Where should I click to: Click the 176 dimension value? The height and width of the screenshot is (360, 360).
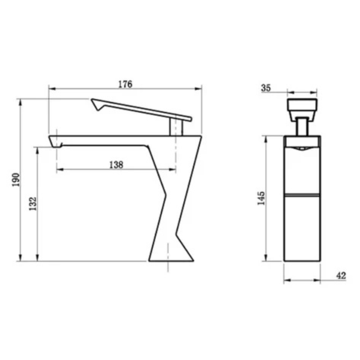pos(125,84)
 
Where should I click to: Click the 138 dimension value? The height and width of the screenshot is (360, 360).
pos(116,165)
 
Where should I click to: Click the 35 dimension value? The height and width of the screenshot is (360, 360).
pos(266,88)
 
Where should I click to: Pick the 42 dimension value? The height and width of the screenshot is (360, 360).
pos(341,276)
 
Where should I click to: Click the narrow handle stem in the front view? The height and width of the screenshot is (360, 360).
pos(302,127)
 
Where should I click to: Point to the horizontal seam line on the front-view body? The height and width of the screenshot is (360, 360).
pos(302,194)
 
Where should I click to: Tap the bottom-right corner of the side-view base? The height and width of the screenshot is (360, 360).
pos(193,261)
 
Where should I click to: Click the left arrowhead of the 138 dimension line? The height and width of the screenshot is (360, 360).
pos(59,169)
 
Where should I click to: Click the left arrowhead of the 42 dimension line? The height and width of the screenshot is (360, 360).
pos(286,280)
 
